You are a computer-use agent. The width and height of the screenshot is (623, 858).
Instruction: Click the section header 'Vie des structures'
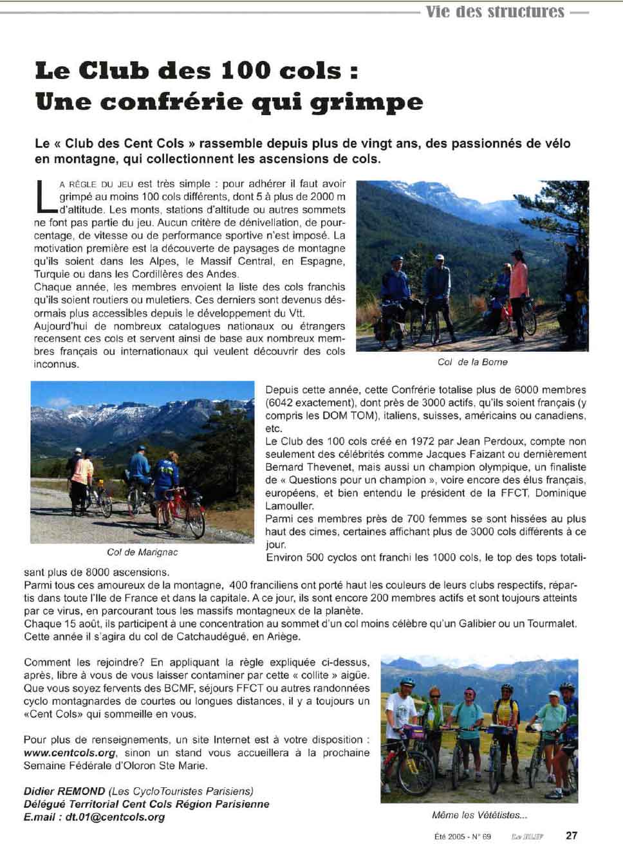494,12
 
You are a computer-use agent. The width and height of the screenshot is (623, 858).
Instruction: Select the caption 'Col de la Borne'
472,362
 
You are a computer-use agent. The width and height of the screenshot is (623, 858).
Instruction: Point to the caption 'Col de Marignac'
142,552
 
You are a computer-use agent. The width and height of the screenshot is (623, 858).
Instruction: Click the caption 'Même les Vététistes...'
479,815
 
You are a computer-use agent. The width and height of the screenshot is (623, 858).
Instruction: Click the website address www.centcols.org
70,753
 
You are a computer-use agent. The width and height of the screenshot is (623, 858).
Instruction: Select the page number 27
572,835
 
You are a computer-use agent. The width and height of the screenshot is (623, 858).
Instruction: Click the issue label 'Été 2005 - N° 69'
462,836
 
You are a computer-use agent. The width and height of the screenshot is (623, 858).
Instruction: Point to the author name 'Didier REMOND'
64,791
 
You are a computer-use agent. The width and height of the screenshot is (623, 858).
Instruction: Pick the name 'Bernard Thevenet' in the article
304,467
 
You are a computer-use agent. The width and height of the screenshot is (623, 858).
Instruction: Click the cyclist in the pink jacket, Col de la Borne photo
518,283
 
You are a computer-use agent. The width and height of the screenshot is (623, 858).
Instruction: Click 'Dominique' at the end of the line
561,493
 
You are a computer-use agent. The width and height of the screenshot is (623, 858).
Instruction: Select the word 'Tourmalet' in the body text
552,624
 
